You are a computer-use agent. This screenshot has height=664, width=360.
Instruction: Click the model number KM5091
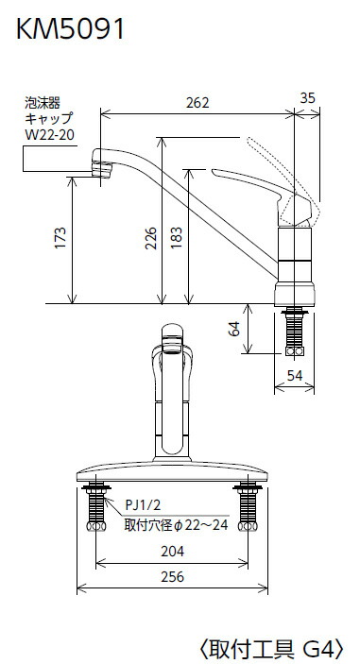pyautogui.click(x=70, y=29)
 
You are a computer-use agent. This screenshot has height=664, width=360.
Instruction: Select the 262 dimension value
pyautogui.click(x=197, y=103)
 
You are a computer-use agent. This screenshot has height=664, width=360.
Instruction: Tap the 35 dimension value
pyautogui.click(x=308, y=98)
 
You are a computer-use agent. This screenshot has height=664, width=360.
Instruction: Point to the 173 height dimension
pyautogui.click(x=61, y=238)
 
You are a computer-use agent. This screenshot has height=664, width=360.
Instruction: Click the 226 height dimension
pyautogui.click(x=151, y=238)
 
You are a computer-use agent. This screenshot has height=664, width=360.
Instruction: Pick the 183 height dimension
pyautogui.click(x=177, y=238)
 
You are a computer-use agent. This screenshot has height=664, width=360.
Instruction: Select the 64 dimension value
pyautogui.click(x=234, y=328)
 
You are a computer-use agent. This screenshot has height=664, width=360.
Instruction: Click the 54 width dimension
pyautogui.click(x=295, y=375)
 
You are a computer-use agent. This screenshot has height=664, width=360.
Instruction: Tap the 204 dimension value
pyautogui.click(x=172, y=552)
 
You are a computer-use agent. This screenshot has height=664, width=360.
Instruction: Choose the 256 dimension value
pyautogui.click(x=172, y=577)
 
